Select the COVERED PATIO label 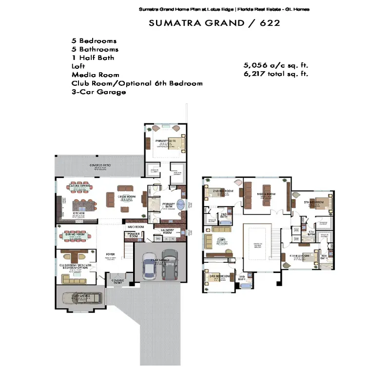[x=99, y=166]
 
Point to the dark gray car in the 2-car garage [x=169, y=266]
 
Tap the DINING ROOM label [x=75, y=234]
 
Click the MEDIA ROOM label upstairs [x=267, y=194]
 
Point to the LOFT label [x=221, y=239]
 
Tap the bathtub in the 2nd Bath [x=225, y=223]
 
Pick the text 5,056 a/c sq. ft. [x=276, y=65]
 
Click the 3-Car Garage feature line [x=98, y=92]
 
